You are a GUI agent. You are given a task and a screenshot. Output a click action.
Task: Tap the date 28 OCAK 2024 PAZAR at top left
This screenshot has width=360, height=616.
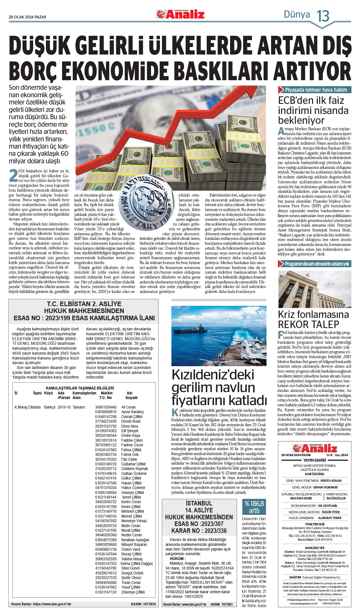click(27, 17)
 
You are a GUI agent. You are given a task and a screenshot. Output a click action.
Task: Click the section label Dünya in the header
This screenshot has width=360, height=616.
click(296, 14)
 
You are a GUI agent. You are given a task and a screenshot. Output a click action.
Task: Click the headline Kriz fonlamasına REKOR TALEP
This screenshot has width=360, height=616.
click(313, 319)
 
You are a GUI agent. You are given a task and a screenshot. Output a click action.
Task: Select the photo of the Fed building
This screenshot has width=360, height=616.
click(314, 289)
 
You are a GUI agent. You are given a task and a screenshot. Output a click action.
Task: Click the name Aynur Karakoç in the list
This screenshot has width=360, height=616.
click(133, 412)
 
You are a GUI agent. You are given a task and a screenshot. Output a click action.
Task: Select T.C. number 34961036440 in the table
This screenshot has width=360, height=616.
click(106, 407)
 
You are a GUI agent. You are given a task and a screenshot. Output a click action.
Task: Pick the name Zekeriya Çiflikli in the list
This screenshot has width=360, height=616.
click(133, 592)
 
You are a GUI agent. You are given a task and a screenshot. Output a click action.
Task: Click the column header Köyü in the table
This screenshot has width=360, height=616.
click(49, 393)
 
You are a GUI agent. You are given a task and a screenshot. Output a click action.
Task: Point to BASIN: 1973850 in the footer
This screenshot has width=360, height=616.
click(143, 604)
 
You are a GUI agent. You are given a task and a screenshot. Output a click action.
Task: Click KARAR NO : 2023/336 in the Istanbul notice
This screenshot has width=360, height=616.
click(199, 531)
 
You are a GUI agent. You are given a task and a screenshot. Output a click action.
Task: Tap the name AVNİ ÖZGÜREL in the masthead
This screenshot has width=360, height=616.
click(314, 474)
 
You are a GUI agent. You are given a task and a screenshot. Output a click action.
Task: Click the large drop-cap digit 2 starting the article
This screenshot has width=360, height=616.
click(13, 176)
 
